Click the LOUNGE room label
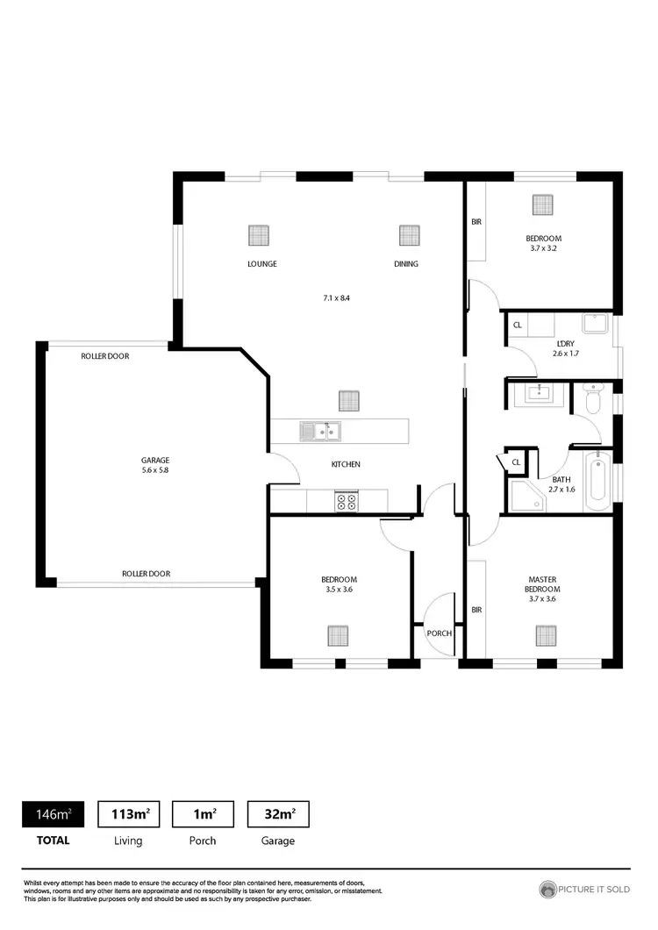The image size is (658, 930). click(261, 264)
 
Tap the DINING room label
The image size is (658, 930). click(405, 264)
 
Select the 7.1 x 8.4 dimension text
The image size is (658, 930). click(337, 298)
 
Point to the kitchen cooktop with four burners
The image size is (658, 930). click(346, 502)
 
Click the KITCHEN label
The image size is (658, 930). click(345, 464)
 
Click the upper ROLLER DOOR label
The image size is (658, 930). click(105, 356)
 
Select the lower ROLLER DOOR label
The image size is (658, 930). click(146, 574)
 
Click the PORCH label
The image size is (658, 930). click(439, 633)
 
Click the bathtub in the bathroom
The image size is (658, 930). click(597, 481)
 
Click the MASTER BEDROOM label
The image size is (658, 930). click(544, 584)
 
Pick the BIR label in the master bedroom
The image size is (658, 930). click(476, 610)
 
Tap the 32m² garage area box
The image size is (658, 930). click(278, 814)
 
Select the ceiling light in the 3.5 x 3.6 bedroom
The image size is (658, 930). click(338, 634)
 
